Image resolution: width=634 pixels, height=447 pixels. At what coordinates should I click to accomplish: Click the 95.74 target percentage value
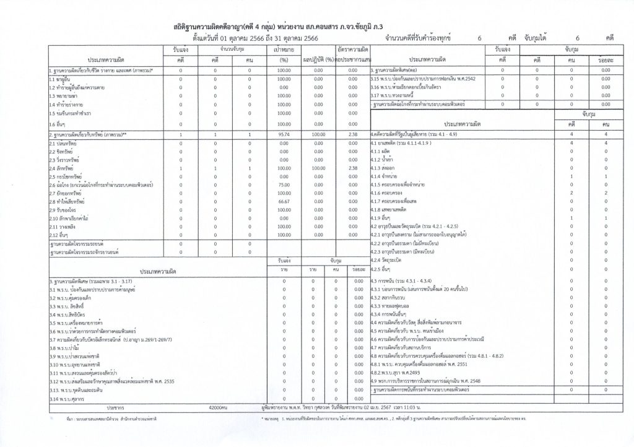pos(284,134)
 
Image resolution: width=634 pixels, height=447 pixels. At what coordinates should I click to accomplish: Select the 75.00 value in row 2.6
pos(284,184)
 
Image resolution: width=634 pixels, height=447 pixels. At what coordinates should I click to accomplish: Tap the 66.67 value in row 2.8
pos(284,201)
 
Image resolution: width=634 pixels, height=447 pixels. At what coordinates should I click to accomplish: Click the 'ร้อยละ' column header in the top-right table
pos(597,59)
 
